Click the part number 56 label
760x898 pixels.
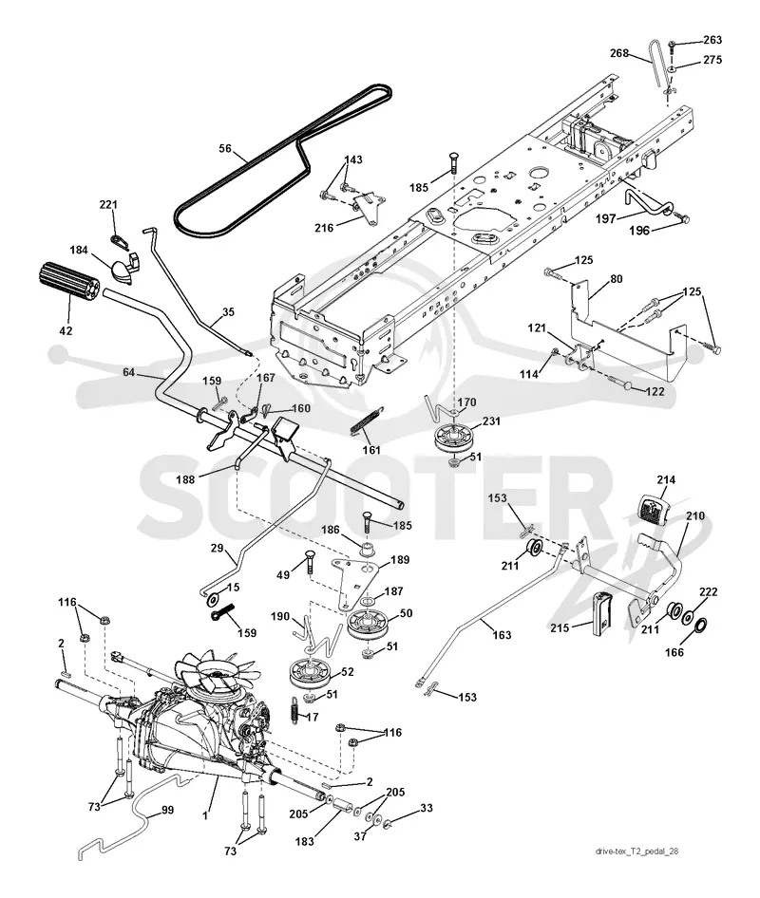225,149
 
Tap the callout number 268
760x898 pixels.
619,53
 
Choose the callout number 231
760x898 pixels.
491,421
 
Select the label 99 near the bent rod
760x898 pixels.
167,810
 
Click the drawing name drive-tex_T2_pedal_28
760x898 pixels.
636,851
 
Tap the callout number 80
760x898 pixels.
617,279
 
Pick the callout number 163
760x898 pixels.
502,634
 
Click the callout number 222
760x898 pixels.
708,592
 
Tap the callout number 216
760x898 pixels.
324,228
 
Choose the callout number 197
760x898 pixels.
605,218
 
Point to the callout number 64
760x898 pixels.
129,372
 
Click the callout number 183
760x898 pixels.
305,841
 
